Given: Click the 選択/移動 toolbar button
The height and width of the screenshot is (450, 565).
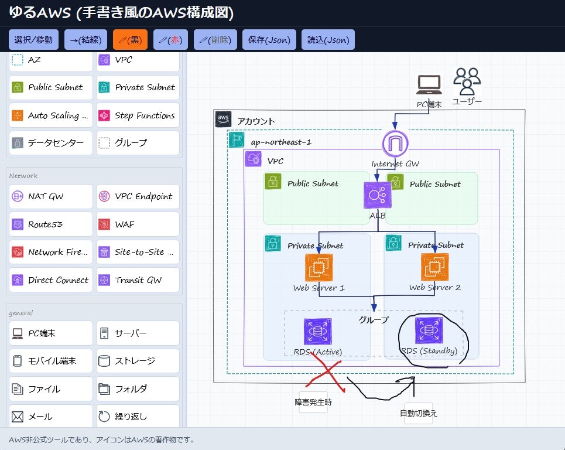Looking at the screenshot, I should tap(33, 40).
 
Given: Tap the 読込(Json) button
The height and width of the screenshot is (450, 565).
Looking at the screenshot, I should tap(328, 40).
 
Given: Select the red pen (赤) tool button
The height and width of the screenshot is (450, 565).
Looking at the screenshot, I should tap(170, 40).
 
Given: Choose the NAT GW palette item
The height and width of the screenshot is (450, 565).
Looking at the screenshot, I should tap(51, 196).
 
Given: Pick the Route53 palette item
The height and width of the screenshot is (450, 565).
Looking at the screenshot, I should tap(51, 224).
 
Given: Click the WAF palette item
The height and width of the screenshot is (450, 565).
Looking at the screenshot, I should tap(138, 224).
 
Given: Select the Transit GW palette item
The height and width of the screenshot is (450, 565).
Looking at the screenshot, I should tap(138, 280).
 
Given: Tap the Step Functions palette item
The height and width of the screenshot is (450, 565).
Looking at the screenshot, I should tap(138, 115).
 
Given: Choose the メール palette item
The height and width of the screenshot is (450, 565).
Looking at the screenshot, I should tap(51, 417).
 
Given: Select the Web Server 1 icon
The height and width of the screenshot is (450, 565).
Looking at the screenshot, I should tap(319, 267).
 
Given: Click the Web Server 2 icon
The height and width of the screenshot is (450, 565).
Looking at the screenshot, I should tap(434, 267).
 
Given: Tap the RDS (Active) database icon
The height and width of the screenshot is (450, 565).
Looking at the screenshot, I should tap(318, 332).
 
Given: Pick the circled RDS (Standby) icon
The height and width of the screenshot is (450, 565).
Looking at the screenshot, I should tap(429, 330).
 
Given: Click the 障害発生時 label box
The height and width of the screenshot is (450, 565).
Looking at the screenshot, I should tap(313, 403).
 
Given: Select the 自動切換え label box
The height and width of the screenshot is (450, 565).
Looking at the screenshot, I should tap(418, 412).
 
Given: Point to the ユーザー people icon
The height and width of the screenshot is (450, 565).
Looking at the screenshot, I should tap(467, 81).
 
